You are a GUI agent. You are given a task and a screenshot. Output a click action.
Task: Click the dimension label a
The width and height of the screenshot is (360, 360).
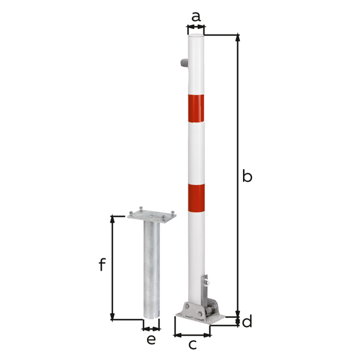(196, 16)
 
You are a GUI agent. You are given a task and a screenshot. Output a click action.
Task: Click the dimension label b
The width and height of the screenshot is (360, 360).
(247, 176)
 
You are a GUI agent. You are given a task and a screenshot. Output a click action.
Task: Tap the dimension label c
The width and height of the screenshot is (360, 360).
(193, 344)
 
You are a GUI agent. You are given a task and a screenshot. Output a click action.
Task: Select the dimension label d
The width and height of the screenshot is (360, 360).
(247, 322)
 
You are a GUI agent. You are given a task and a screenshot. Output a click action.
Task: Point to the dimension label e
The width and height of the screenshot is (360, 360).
(151, 340)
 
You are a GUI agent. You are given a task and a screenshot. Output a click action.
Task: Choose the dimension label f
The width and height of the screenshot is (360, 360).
(102, 264)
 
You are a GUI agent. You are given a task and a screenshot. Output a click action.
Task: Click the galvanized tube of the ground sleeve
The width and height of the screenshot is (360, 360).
(151, 270)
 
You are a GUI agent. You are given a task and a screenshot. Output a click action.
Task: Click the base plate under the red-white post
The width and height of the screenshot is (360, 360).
(201, 317)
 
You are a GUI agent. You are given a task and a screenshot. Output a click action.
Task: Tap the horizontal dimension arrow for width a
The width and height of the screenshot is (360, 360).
(196, 27)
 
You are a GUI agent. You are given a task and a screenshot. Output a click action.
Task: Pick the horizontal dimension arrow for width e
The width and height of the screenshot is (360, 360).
(151, 328)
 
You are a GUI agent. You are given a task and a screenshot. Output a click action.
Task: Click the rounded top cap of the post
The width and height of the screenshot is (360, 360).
(196, 38)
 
